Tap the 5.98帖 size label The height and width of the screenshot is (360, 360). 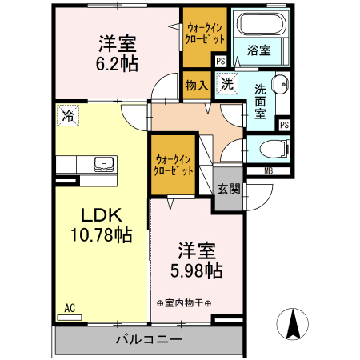click(x=195, y=271)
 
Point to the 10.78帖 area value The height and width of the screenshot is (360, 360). click(x=100, y=235)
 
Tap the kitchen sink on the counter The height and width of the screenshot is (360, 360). click(x=103, y=165)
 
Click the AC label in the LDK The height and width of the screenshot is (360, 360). click(x=70, y=307)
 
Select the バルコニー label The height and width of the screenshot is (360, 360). click(x=148, y=339)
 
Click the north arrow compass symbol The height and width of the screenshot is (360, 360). click(x=292, y=324)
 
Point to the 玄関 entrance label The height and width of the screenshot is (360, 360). click(x=228, y=190)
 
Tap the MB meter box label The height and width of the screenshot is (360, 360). click(x=269, y=170)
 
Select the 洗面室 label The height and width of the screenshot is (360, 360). click(x=262, y=103)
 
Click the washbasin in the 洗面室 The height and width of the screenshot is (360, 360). click(x=281, y=83)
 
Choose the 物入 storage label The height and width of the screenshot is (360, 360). click(x=196, y=84)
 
